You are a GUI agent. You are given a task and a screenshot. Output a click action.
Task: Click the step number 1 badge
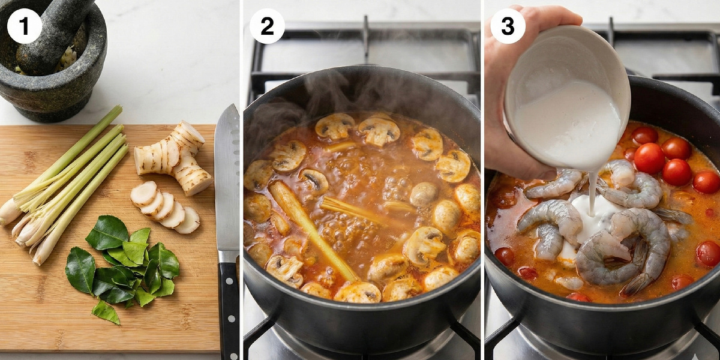click(x=25, y=26)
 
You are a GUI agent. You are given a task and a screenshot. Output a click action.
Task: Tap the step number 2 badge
click(x=267, y=26)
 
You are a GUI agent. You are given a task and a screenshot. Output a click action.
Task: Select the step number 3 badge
click(x=508, y=26)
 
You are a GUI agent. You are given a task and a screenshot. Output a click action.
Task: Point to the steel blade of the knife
click(x=227, y=180)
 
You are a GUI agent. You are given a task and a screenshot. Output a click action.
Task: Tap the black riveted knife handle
click(x=229, y=310)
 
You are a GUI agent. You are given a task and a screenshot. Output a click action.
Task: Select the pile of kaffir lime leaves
click(x=124, y=267)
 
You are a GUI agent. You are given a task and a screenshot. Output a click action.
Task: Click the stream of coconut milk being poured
click(x=592, y=193)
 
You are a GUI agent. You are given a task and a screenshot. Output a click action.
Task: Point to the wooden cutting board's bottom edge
click(x=109, y=352)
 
